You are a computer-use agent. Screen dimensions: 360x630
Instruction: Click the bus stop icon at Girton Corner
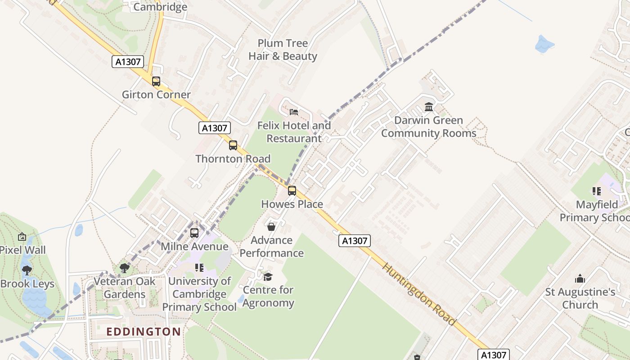coord(156,81)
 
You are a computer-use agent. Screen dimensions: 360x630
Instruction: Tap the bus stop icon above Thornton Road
coord(233,145)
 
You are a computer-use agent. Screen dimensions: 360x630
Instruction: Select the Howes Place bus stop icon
coord(292,191)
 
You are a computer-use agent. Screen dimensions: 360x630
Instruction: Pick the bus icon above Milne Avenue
coord(194,233)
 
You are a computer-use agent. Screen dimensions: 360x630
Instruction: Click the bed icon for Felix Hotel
coord(294,112)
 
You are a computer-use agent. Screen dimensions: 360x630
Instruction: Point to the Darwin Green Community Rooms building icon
coord(429,107)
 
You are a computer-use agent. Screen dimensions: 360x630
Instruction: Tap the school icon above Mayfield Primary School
coord(597,191)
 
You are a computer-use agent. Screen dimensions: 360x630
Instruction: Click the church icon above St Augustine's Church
coord(580,279)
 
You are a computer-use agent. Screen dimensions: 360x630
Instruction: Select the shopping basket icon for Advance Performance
coord(271,227)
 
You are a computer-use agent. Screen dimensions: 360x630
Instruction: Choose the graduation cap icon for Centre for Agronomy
coord(268,277)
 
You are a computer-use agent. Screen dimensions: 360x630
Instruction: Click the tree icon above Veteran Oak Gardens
coord(125,268)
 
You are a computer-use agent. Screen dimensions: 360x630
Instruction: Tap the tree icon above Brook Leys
coord(27,270)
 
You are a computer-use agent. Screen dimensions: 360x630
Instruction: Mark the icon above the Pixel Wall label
coord(22,237)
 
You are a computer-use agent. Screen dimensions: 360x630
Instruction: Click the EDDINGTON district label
coord(144,332)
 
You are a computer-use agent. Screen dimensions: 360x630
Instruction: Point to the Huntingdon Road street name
coord(418,294)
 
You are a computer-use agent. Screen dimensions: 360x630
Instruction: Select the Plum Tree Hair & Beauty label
coord(283,50)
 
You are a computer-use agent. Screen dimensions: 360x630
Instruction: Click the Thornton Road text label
coord(233,159)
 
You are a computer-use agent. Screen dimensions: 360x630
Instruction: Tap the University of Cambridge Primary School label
coord(199,294)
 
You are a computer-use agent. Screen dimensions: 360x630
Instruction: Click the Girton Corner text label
coord(156,95)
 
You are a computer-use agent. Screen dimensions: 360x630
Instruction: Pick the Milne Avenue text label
coord(194,247)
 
